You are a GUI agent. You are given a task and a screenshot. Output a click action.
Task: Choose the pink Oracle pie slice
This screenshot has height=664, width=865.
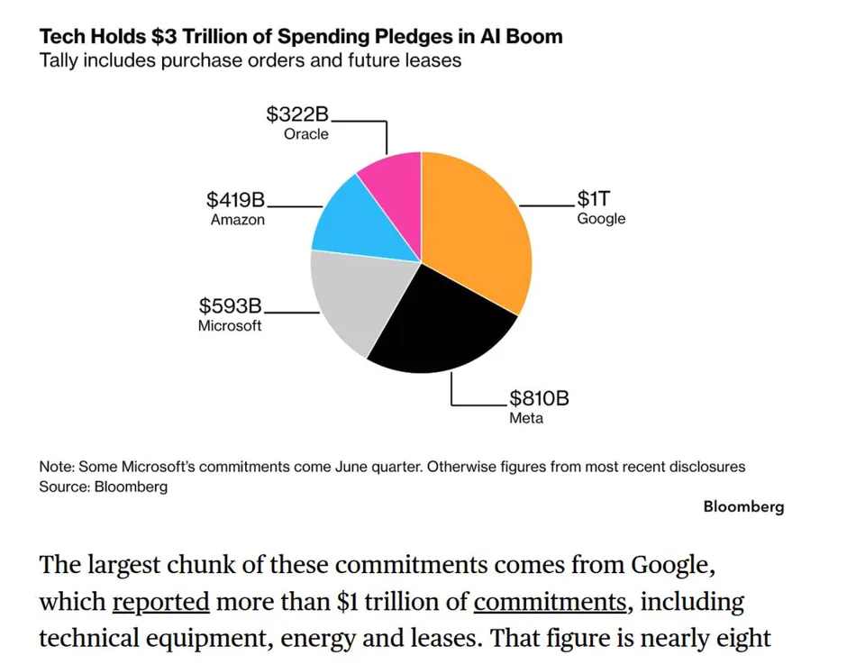click(x=395, y=187)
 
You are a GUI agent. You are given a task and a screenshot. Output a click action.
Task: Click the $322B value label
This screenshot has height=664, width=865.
click(x=297, y=114)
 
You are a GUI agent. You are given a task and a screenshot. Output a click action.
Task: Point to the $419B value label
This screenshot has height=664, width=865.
click(x=235, y=199)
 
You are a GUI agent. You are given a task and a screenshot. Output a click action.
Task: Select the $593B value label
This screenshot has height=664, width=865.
click(x=230, y=305)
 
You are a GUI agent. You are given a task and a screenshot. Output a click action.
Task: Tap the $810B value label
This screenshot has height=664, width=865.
click(x=539, y=397)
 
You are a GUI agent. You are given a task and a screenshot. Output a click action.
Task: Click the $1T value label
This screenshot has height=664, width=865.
click(x=594, y=198)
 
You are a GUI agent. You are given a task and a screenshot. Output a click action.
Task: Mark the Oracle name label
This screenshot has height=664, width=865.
click(x=306, y=134)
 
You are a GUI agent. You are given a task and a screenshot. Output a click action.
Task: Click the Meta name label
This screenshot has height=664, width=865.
click(x=526, y=418)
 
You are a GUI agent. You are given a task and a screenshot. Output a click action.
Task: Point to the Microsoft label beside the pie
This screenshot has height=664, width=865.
click(x=230, y=325)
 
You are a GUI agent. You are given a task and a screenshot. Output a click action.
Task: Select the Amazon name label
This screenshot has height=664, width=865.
click(x=238, y=220)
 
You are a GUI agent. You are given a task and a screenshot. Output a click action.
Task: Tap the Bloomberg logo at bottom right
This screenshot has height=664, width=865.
click(x=743, y=507)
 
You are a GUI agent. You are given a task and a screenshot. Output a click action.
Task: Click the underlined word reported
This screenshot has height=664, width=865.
click(x=161, y=601)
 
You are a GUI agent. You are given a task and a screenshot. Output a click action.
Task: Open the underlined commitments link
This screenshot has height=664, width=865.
click(x=550, y=601)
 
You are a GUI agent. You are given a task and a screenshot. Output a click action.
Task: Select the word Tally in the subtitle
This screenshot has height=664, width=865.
click(x=59, y=60)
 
